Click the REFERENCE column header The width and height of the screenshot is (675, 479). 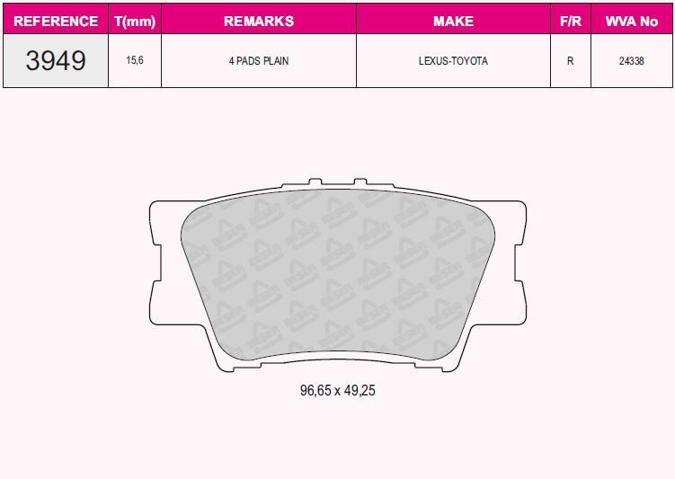coord(56,20)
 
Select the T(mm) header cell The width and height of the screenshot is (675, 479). coord(135,20)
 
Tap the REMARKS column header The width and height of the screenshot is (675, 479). coord(259,20)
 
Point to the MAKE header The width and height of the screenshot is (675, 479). coord(453,20)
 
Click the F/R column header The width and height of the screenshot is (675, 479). coord(570,20)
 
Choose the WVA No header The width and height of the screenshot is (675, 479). coord(631,20)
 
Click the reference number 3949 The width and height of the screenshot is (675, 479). coord(56,61)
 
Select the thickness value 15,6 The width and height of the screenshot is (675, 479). coord(135,61)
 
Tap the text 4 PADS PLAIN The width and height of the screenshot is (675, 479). coord(259,61)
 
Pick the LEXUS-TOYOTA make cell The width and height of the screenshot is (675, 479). coord(453,61)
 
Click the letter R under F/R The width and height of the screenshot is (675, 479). coord(570,61)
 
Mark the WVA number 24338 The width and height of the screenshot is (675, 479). coord(631,61)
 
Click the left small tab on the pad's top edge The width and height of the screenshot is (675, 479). coord(314,183)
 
